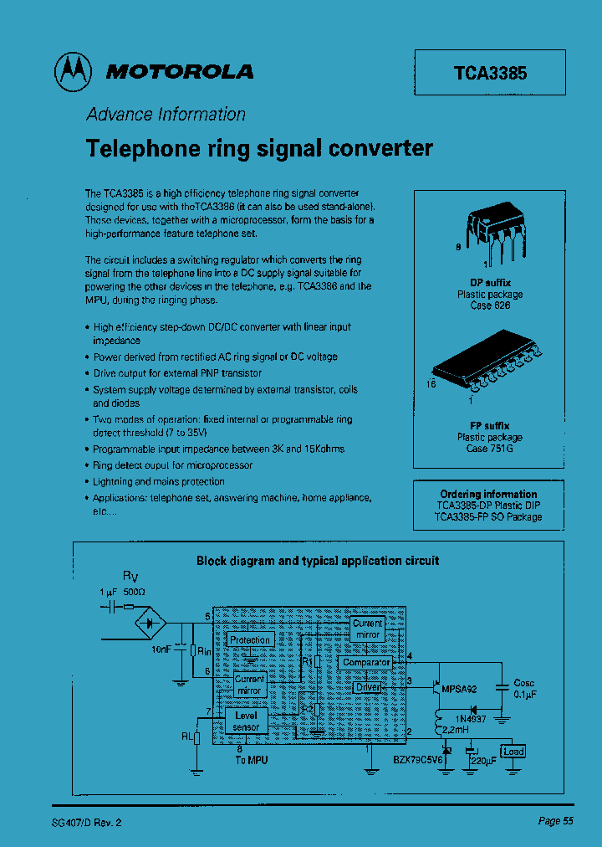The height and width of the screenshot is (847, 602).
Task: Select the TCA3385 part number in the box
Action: [x=490, y=73]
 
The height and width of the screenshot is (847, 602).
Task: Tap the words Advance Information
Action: [x=166, y=115]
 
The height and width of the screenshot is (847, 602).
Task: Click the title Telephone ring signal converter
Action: [x=260, y=149]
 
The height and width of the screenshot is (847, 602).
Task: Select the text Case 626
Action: [x=490, y=305]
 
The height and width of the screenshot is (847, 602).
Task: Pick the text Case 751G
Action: [x=490, y=449]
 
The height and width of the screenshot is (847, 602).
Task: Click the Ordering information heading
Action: [x=489, y=494]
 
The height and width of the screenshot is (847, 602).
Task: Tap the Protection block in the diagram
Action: [x=250, y=640]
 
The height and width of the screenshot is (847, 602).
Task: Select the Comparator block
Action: [x=366, y=662]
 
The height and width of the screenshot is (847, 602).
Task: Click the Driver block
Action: [x=368, y=687]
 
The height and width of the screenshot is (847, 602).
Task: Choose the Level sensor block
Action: [x=247, y=721]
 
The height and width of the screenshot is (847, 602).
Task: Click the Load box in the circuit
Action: [x=513, y=751]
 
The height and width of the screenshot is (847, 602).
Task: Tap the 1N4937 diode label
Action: [x=472, y=719]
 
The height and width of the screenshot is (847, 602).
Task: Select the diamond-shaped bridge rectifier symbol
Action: [x=151, y=623]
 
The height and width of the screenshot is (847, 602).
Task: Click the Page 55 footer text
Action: [x=555, y=821]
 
